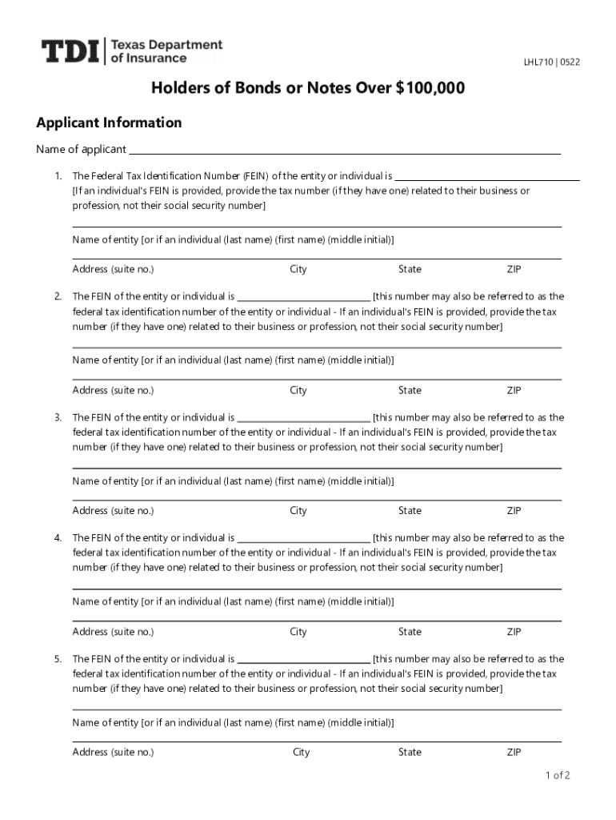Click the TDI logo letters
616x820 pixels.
click(x=70, y=53)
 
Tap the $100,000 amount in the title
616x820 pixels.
click(x=430, y=88)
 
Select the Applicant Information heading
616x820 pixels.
click(x=109, y=123)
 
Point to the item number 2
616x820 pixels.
click(x=58, y=296)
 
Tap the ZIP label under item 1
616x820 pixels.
click(x=514, y=269)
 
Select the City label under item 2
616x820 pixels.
click(x=298, y=390)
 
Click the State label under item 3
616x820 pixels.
click(x=410, y=510)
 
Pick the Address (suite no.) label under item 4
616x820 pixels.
click(x=113, y=631)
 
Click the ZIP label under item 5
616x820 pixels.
click(x=514, y=752)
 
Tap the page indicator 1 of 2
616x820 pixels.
click(x=557, y=775)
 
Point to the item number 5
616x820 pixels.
click(x=58, y=659)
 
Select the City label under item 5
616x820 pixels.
click(x=302, y=752)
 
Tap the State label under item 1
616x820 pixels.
click(x=410, y=269)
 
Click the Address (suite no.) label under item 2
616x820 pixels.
click(x=113, y=390)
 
